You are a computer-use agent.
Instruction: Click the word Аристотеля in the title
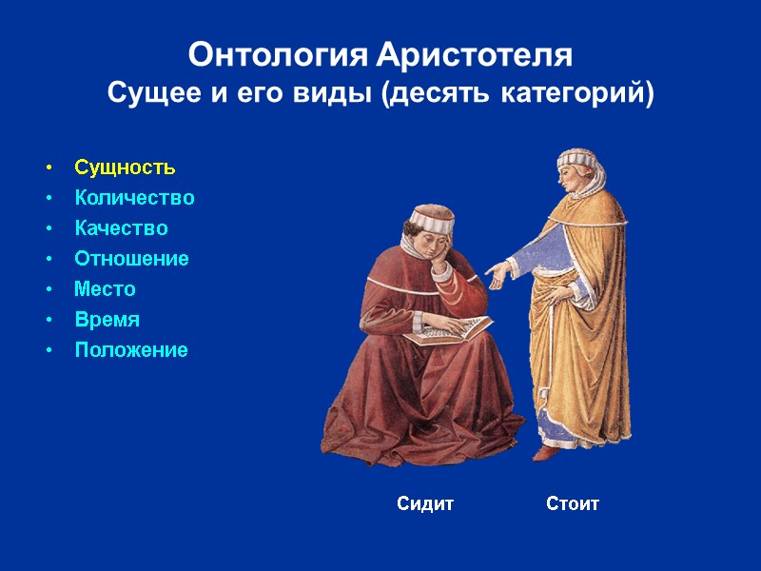point(475,55)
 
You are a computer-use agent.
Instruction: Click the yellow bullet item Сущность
point(125,167)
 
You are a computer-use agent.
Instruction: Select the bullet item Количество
point(134,198)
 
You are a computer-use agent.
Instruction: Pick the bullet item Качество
point(121,228)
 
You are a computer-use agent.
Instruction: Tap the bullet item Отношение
point(131,259)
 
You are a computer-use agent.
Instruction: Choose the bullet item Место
point(105,289)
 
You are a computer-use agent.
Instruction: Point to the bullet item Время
point(107,320)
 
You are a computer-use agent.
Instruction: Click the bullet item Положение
point(131,350)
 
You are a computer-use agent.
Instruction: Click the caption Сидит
point(425,503)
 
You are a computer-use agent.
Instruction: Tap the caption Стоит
point(573,503)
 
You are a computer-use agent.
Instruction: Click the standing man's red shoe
point(544,452)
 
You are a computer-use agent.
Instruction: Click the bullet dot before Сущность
point(48,168)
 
